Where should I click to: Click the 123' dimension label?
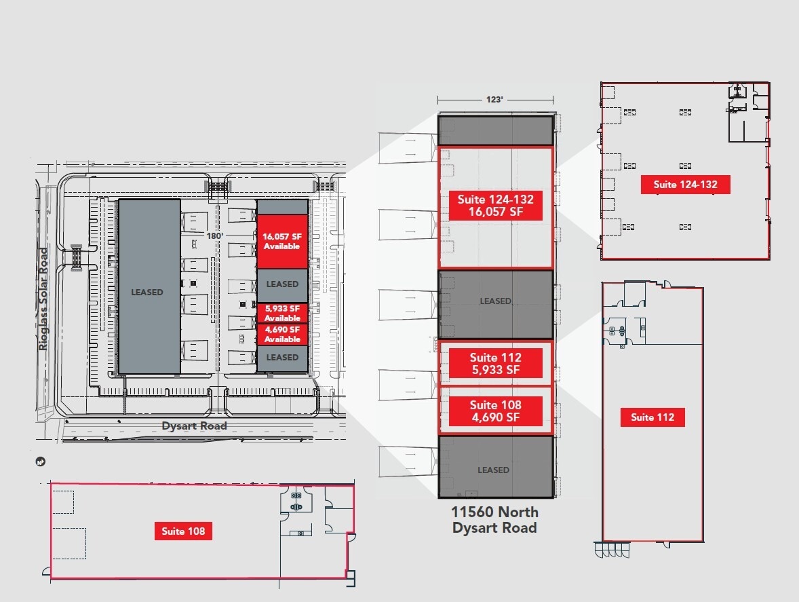pyautogui.click(x=494, y=99)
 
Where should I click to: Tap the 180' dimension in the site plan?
pyautogui.click(x=214, y=236)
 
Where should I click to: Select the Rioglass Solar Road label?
pyautogui.click(x=44, y=299)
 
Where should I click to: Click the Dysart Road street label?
pyautogui.click(x=194, y=426)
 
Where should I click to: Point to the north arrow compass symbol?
pyautogui.click(x=41, y=462)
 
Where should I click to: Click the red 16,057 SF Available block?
pyautogui.click(x=282, y=242)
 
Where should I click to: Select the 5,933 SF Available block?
pyautogui.click(x=282, y=313)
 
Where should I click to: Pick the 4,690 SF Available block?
pyautogui.click(x=282, y=335)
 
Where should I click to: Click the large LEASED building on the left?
pyautogui.click(x=149, y=286)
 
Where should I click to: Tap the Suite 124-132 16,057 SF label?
pyautogui.click(x=495, y=206)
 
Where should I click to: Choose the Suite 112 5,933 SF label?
pyautogui.click(x=495, y=364)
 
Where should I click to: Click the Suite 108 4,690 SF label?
pyautogui.click(x=495, y=411)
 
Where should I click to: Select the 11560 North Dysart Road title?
pyautogui.click(x=494, y=520)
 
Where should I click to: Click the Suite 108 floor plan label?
pyautogui.click(x=183, y=531)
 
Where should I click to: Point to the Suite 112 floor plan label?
pyautogui.click(x=652, y=417)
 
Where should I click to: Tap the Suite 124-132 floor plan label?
pyautogui.click(x=685, y=185)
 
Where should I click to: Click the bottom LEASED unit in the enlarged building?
pyautogui.click(x=496, y=466)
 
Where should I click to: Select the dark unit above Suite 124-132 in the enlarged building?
pyautogui.click(x=496, y=130)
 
